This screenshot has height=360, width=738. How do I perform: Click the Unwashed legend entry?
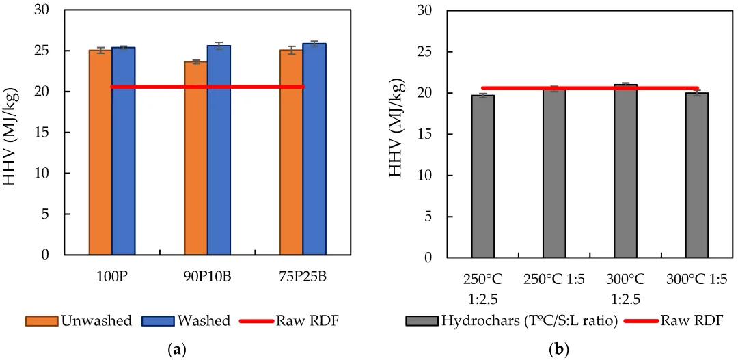78,321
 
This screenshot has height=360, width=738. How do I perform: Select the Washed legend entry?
181,321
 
